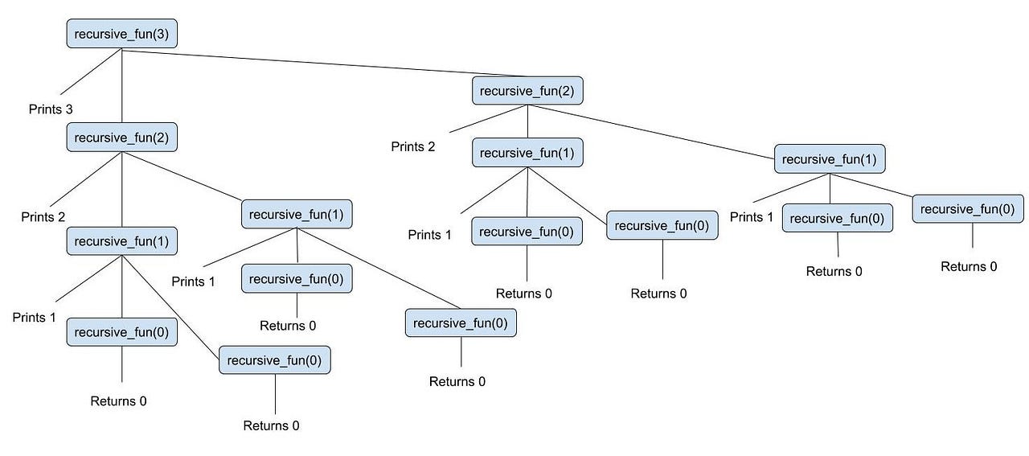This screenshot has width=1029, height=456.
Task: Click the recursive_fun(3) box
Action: (121, 34)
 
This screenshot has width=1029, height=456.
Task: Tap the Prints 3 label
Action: (51, 109)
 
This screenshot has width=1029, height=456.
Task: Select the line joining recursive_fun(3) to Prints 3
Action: (91, 72)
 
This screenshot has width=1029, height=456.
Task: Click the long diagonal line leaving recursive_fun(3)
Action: (324, 63)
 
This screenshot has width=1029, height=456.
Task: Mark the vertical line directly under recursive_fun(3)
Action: (121, 85)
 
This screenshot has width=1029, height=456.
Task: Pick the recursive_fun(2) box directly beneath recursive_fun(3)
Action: (121, 137)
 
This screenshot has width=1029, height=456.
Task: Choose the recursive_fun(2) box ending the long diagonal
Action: (527, 91)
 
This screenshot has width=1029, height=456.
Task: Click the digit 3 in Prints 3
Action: (69, 109)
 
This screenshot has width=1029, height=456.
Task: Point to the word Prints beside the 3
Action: (45, 109)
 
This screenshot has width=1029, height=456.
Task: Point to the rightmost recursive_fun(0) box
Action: (967, 208)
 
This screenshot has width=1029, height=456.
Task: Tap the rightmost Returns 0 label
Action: (969, 267)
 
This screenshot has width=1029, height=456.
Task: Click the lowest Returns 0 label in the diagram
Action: (271, 425)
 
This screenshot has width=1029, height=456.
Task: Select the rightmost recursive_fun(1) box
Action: (830, 158)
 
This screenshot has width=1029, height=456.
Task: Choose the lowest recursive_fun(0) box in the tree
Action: (275, 360)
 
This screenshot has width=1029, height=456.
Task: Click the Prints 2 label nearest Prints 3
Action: (43, 217)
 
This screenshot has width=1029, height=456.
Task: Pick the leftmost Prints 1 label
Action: (34, 317)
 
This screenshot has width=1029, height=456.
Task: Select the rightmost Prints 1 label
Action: (752, 217)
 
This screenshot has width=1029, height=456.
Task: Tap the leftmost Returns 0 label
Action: (118, 401)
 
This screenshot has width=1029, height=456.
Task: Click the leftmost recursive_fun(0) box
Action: (121, 332)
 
